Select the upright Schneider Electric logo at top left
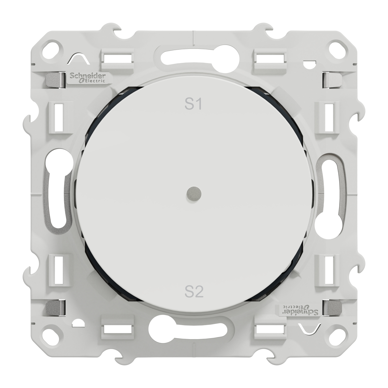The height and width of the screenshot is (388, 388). tap(88, 77)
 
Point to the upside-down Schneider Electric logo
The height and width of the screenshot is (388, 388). tap(300, 310)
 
